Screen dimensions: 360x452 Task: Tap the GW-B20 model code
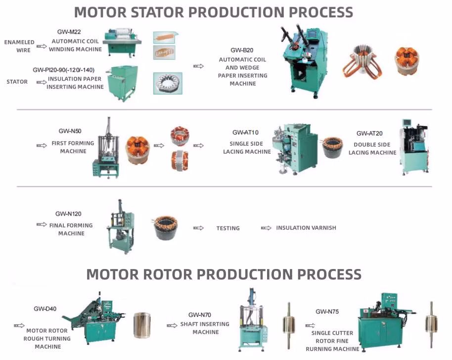[242, 50]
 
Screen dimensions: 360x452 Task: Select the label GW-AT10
[246, 133]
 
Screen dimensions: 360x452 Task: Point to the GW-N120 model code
[68, 214]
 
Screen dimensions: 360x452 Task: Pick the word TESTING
[228, 228]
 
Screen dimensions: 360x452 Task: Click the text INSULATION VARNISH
[306, 228]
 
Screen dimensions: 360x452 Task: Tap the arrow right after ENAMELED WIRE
[42, 46]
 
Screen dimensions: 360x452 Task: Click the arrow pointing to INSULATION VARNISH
[266, 228]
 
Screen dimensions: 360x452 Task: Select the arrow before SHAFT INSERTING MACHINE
[172, 325]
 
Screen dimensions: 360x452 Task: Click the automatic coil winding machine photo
[122, 41]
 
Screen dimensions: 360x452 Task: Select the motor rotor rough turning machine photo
[97, 319]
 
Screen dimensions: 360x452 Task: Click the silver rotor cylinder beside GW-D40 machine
[142, 325]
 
